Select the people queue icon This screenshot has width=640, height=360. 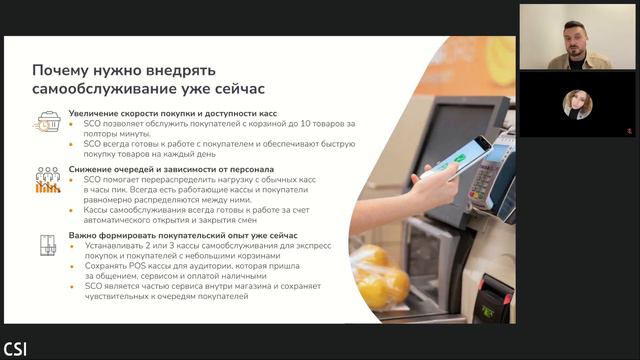click(x=48, y=180)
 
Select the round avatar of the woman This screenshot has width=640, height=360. click(x=578, y=104)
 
